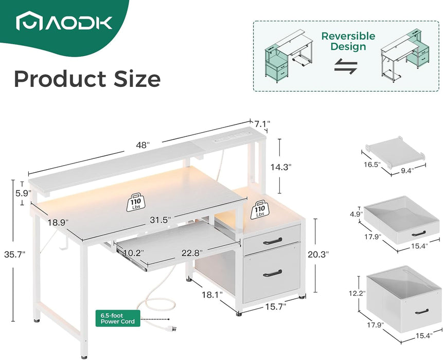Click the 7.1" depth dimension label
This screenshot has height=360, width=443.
point(262,124)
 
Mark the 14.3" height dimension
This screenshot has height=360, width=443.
point(282,167)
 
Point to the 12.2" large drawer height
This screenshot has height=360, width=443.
point(357,294)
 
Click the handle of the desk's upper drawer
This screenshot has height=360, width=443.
point(272,240)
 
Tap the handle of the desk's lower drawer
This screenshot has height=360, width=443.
point(272,273)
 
